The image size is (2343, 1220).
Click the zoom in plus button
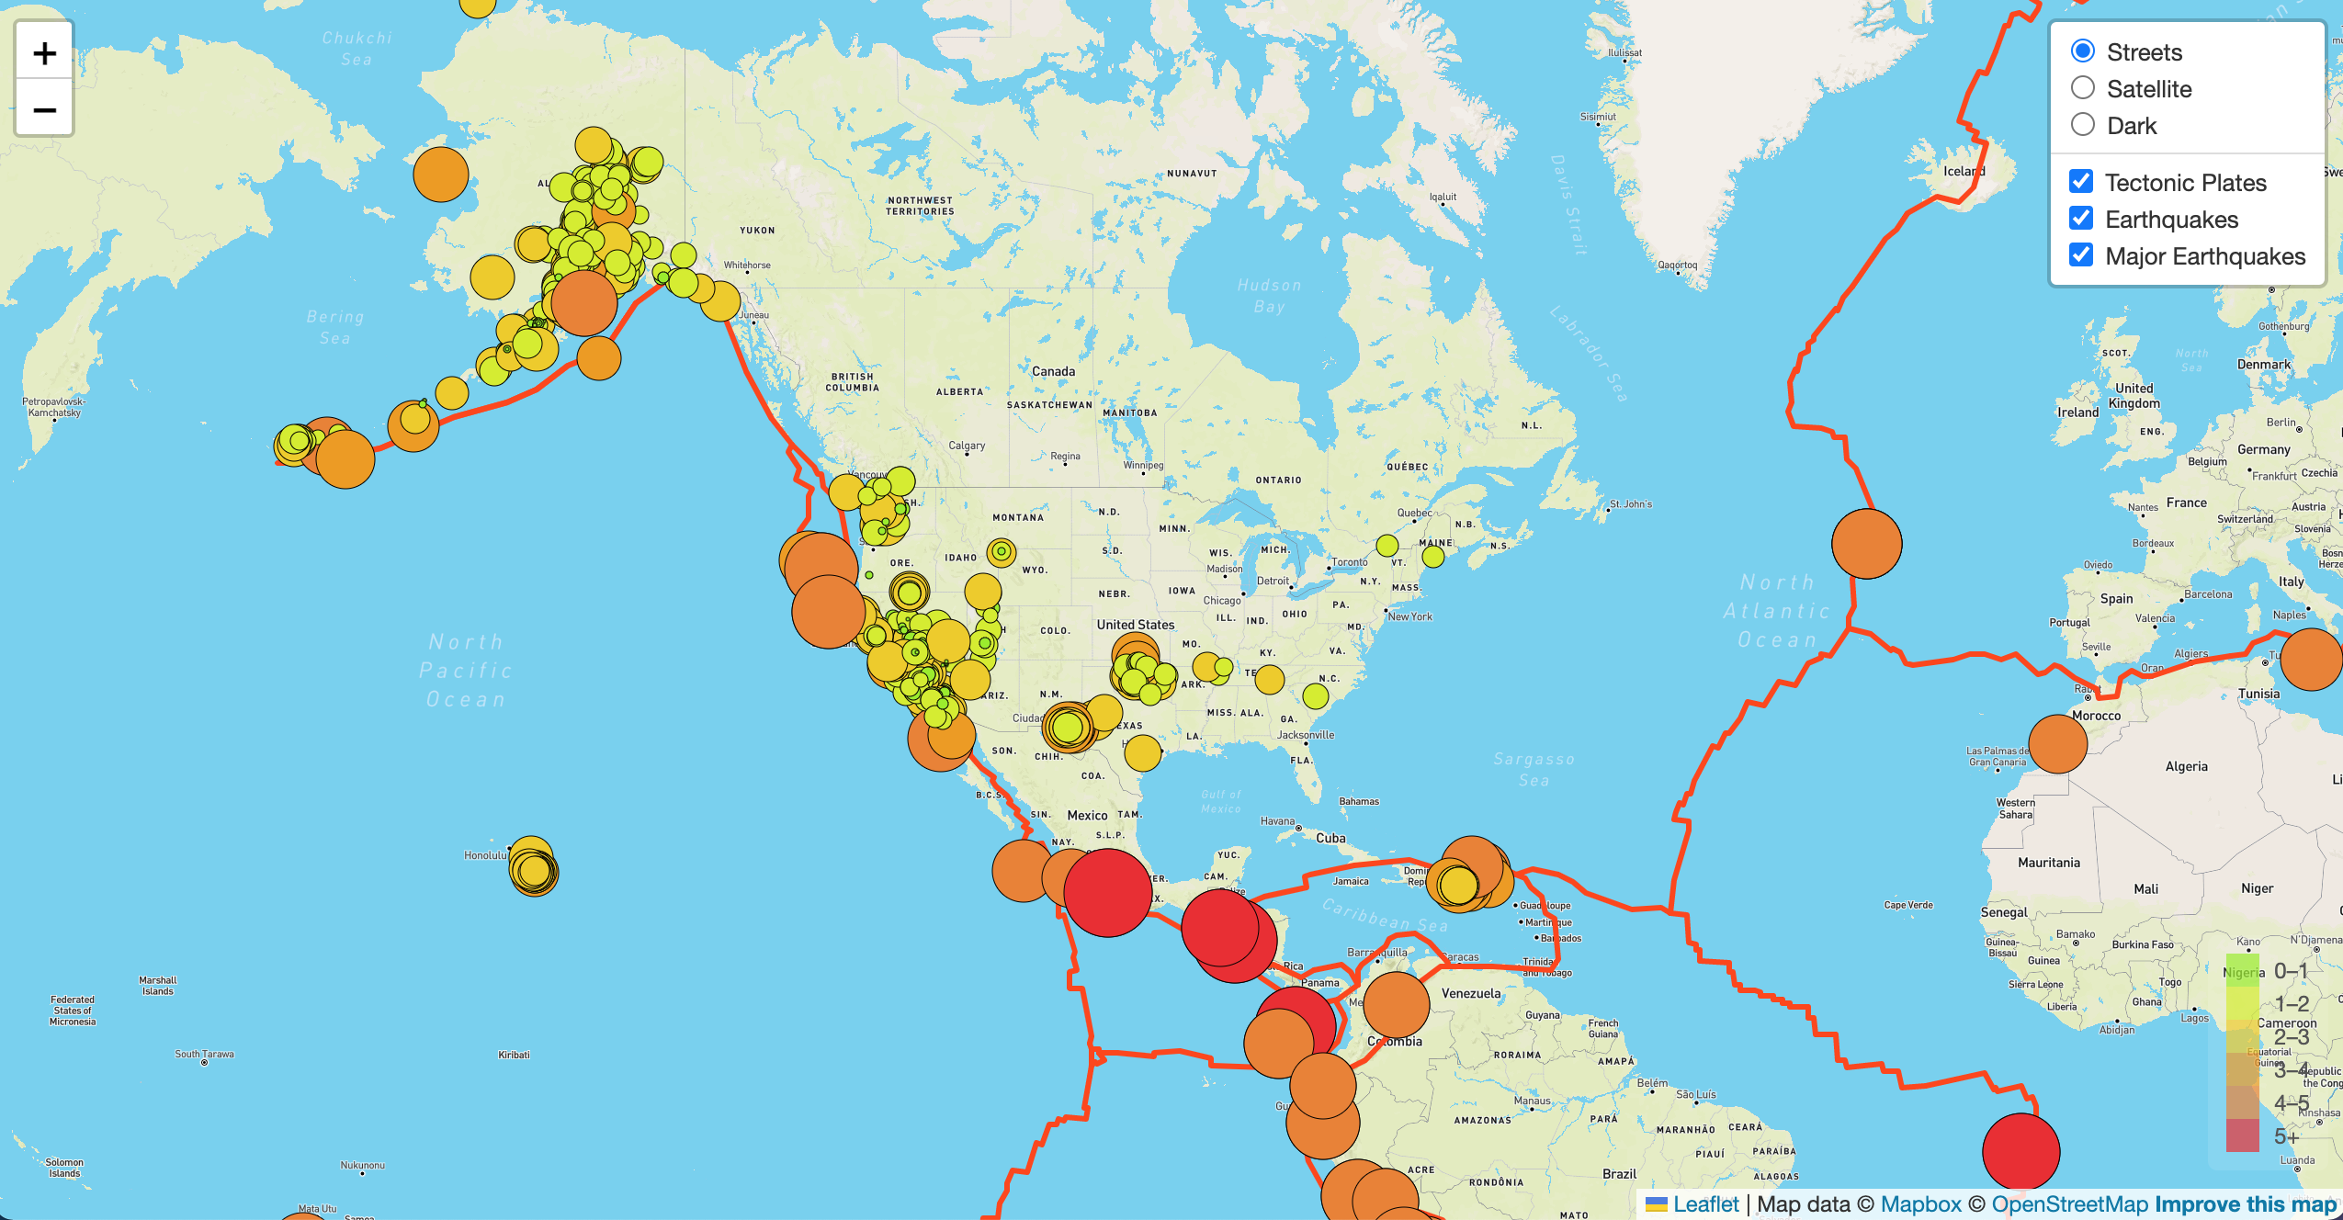pos(44,53)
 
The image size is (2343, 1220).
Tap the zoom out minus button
pos(44,110)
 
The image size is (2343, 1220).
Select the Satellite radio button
pos(2083,88)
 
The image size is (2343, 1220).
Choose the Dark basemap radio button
pos(2083,125)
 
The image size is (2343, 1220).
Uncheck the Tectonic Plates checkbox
pos(2081,182)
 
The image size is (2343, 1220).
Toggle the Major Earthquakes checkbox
pos(2081,255)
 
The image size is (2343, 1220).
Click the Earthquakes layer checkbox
pos(2081,219)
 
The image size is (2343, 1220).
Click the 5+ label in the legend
pos(2286,1137)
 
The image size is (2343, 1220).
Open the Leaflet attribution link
pos(1705,1203)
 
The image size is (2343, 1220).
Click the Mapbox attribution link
pos(1920,1203)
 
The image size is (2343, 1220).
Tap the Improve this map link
pos(2245,1203)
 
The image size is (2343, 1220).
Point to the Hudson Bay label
pos(1269,296)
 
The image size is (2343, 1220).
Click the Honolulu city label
pos(485,855)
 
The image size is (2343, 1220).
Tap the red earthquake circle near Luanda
pos(2020,1151)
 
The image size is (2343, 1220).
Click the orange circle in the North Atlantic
pos(1866,544)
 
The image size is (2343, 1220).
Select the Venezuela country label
pos(1471,993)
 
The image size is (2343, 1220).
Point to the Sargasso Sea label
pos(1534,769)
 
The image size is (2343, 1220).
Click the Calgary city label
pos(967,446)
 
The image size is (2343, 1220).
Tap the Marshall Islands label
pos(158,986)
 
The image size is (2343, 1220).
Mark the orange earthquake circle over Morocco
pos(2057,744)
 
